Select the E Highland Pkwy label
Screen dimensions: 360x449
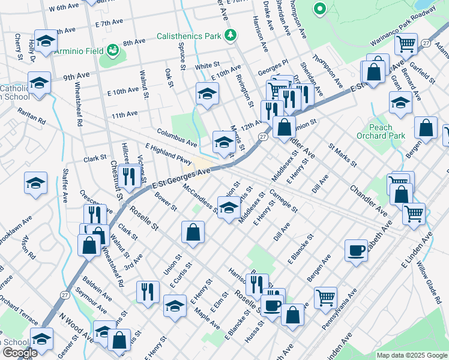pos(169,154)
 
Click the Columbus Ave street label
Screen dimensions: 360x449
pos(177,137)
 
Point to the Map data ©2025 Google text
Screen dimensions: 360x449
pos(411,355)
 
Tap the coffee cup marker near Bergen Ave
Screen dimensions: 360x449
pos(356,250)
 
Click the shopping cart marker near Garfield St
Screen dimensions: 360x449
pos(406,44)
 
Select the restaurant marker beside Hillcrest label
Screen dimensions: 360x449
pos(130,175)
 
